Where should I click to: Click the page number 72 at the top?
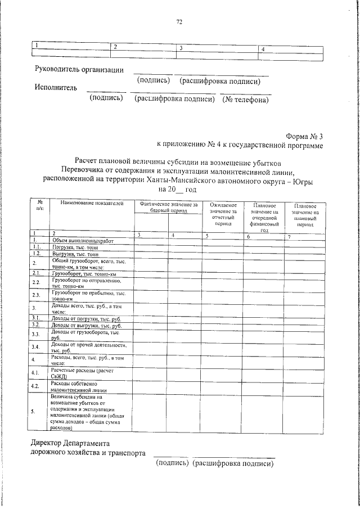click(179, 22)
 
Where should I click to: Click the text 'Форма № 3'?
click(304, 136)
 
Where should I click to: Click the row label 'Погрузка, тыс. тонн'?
click(75, 246)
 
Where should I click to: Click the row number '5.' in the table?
click(33, 411)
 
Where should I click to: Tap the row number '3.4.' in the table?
click(35, 346)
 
